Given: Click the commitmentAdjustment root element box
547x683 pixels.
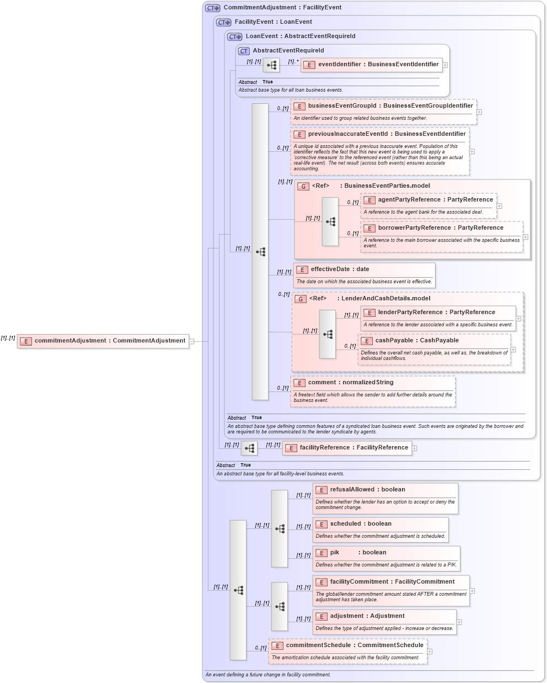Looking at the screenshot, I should [103, 341].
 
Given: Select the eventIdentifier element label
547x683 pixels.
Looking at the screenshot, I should [378, 65].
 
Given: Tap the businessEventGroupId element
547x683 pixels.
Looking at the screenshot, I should [390, 106].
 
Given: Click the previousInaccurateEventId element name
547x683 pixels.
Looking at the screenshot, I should [387, 134].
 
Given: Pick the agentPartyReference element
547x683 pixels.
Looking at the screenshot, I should [435, 200].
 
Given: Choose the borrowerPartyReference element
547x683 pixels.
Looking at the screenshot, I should [440, 228].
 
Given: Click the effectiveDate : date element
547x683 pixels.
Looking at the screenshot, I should [340, 269].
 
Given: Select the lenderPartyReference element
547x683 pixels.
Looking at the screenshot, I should [436, 313].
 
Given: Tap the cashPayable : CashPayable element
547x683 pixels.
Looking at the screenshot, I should [416, 341].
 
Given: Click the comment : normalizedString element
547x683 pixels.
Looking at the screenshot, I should [350, 383].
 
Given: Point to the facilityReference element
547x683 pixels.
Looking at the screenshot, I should [353, 448].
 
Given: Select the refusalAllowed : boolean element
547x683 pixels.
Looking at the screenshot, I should [367, 490].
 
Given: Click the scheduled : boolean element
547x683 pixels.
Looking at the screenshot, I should [361, 524].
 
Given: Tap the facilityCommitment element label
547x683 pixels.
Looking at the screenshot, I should [392, 582].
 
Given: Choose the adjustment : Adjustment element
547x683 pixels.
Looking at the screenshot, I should [367, 616].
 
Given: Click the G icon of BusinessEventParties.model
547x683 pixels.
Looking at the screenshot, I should [303, 187].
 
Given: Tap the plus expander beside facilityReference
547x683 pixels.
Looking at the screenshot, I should [415, 448].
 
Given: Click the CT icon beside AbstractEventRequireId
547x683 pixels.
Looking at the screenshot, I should [244, 51].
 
